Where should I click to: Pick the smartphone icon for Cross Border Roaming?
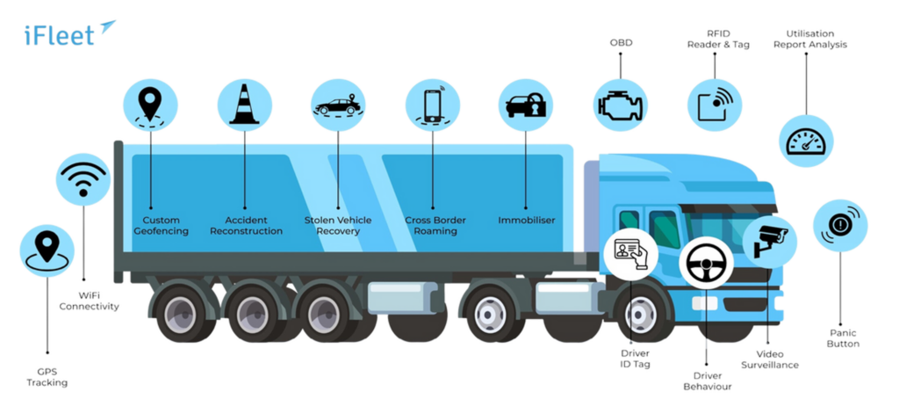click(x=432, y=104)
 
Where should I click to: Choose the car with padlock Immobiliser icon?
click(x=525, y=105)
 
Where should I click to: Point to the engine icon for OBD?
click(x=621, y=104)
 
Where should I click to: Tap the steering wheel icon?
click(x=708, y=262)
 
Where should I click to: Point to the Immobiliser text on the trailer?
click(x=526, y=220)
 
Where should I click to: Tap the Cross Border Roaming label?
click(x=435, y=225)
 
